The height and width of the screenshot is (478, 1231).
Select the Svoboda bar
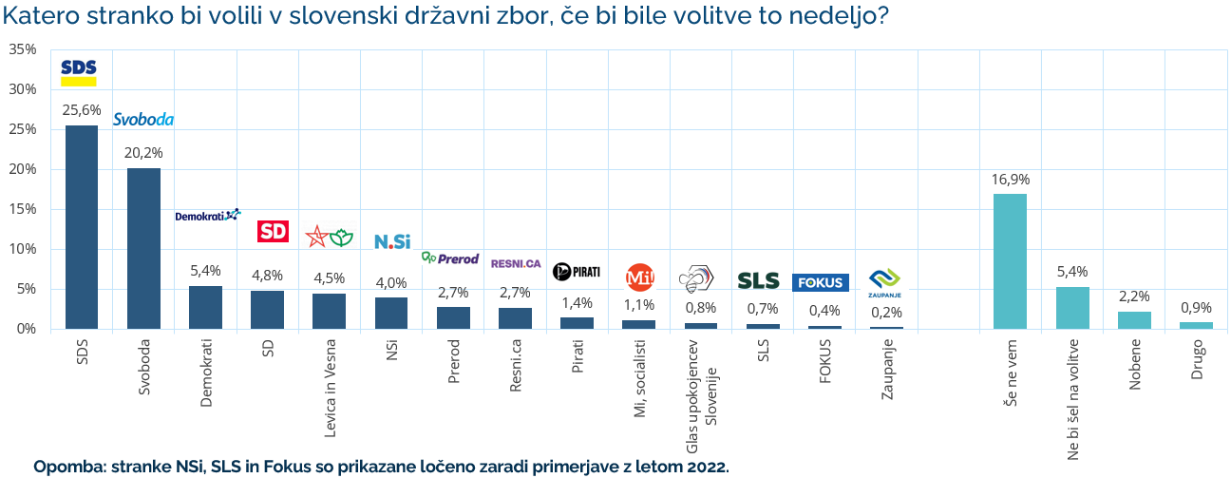pos(143,248)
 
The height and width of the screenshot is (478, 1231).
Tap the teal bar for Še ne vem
pos(1010,261)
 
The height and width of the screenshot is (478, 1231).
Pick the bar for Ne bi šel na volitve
pos(1071,308)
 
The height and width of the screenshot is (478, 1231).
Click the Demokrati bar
pos(205,307)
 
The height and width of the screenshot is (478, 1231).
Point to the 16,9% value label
pos(1010,179)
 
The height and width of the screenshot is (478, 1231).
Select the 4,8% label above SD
pos(267,276)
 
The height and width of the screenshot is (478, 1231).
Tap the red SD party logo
pos(273,231)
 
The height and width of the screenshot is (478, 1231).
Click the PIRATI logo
pos(577,272)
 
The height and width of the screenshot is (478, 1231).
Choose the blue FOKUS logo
pos(820,282)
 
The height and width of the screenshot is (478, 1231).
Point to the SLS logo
pos(758,281)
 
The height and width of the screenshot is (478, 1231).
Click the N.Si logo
pos(391,241)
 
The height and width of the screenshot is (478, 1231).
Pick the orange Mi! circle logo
pos(639,277)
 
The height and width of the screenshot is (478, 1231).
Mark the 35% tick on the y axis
pos(22,49)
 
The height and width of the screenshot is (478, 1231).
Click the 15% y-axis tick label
pos(22,209)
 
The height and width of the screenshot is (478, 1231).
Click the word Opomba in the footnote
pos(69,467)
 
